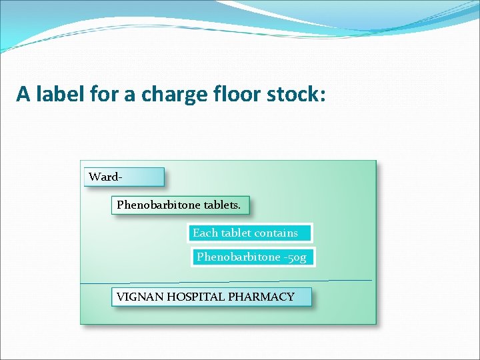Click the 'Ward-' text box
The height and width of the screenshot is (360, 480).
tap(124, 177)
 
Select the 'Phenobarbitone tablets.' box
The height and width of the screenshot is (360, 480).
tap(179, 205)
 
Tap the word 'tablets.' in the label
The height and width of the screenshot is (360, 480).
tap(222, 205)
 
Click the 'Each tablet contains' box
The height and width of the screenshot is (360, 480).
tap(250, 233)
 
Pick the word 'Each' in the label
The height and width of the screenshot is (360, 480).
tap(204, 233)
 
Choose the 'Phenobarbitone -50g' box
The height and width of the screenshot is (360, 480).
tap(253, 257)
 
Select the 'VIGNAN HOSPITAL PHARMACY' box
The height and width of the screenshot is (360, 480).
tap(211, 297)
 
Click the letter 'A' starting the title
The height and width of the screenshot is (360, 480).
tap(23, 95)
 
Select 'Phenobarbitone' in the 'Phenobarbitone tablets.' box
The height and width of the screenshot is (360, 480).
tap(159, 205)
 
